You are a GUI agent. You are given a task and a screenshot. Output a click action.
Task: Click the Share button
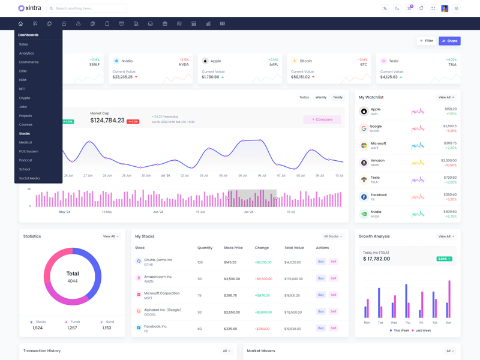pos(449,41)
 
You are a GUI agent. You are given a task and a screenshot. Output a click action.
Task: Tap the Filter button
pos(426,41)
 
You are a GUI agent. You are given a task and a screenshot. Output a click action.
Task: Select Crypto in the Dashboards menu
pos(25,98)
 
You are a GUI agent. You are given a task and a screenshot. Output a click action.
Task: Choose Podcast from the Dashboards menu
pos(26,160)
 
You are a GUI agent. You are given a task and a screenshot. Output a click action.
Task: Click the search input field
pos(88,8)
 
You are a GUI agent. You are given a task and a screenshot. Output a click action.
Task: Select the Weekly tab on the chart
pos(321,97)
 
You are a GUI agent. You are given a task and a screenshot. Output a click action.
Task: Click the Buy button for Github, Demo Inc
pos(321,262)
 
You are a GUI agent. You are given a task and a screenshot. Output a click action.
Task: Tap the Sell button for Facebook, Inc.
pos(334,328)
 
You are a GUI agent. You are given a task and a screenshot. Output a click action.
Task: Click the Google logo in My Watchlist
pos(364,128)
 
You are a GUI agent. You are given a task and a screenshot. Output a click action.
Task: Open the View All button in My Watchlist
pos(446,97)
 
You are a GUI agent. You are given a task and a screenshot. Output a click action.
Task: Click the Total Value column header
pos(294,248)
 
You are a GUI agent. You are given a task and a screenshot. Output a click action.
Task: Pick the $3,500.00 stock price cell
pos(233,278)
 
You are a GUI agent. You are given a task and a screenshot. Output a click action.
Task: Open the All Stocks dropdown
pos(332,236)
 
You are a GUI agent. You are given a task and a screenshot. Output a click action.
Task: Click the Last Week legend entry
pos(422,331)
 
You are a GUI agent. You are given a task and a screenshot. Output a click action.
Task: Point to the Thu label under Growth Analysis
pos(407,323)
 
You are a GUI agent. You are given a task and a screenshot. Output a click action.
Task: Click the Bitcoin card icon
pos(294,61)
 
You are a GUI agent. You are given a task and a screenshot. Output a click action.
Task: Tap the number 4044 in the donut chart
pos(73,281)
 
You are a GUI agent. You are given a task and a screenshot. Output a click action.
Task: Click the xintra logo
pos(29,8)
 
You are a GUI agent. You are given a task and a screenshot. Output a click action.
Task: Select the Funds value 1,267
pos(72,328)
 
